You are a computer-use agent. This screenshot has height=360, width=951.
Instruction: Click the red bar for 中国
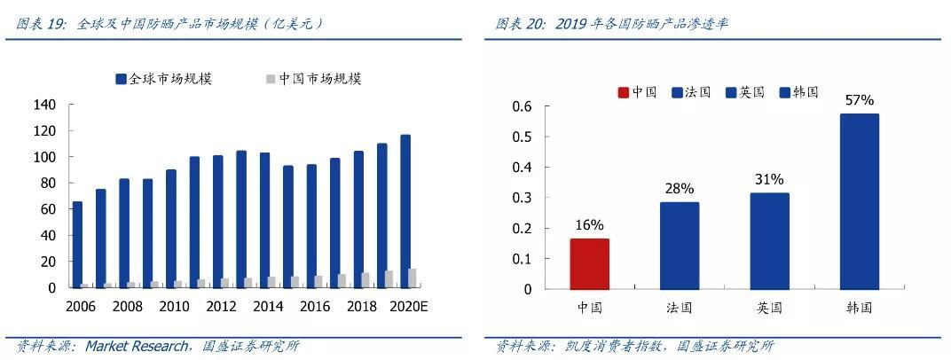point(589,263)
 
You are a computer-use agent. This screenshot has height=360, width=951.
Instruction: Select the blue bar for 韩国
point(860,201)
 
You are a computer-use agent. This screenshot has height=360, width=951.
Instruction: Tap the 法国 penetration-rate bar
point(680,246)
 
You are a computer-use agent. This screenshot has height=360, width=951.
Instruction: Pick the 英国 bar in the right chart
point(769,240)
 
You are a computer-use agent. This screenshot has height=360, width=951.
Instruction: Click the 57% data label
point(860,100)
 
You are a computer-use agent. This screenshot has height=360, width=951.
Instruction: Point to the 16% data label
point(589,224)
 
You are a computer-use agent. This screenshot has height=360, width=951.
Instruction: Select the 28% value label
point(680,188)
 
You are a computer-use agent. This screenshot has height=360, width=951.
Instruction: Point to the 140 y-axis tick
point(44,105)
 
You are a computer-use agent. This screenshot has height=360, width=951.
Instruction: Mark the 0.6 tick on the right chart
point(523,106)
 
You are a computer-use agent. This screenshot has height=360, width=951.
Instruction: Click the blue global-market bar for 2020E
point(405,211)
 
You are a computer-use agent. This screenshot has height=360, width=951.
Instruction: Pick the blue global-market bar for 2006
point(77,244)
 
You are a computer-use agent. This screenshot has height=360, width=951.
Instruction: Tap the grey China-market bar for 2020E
point(413,278)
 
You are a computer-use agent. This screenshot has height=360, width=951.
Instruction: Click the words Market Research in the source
point(136,346)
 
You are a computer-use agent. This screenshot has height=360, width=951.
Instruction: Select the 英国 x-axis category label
point(769,308)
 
